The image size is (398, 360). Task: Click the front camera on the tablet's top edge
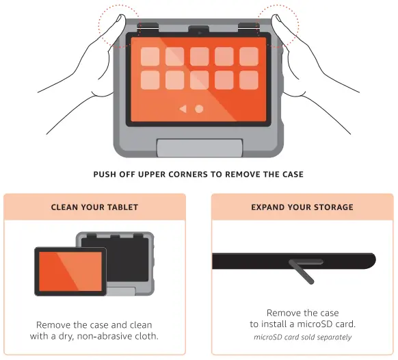pyautogui.click(x=199, y=31)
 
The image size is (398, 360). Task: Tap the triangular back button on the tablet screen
pyautogui.click(x=183, y=109)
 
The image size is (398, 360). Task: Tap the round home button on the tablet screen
pyautogui.click(x=199, y=109)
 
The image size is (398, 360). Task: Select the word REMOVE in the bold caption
pyautogui.click(x=240, y=175)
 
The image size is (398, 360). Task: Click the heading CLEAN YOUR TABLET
pyautogui.click(x=94, y=207)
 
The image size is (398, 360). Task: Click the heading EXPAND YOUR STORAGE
pyautogui.click(x=302, y=207)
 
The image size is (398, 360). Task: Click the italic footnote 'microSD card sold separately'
pyautogui.click(x=302, y=337)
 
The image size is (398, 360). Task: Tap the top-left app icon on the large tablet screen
pyautogui.click(x=150, y=56)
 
